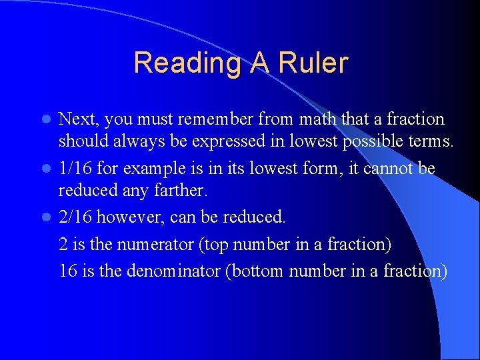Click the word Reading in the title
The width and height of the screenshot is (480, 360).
pos(188,63)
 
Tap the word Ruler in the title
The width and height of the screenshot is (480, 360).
pos(313,63)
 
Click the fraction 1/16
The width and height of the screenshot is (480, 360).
pos(77,169)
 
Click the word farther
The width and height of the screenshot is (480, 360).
pos(182,191)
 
